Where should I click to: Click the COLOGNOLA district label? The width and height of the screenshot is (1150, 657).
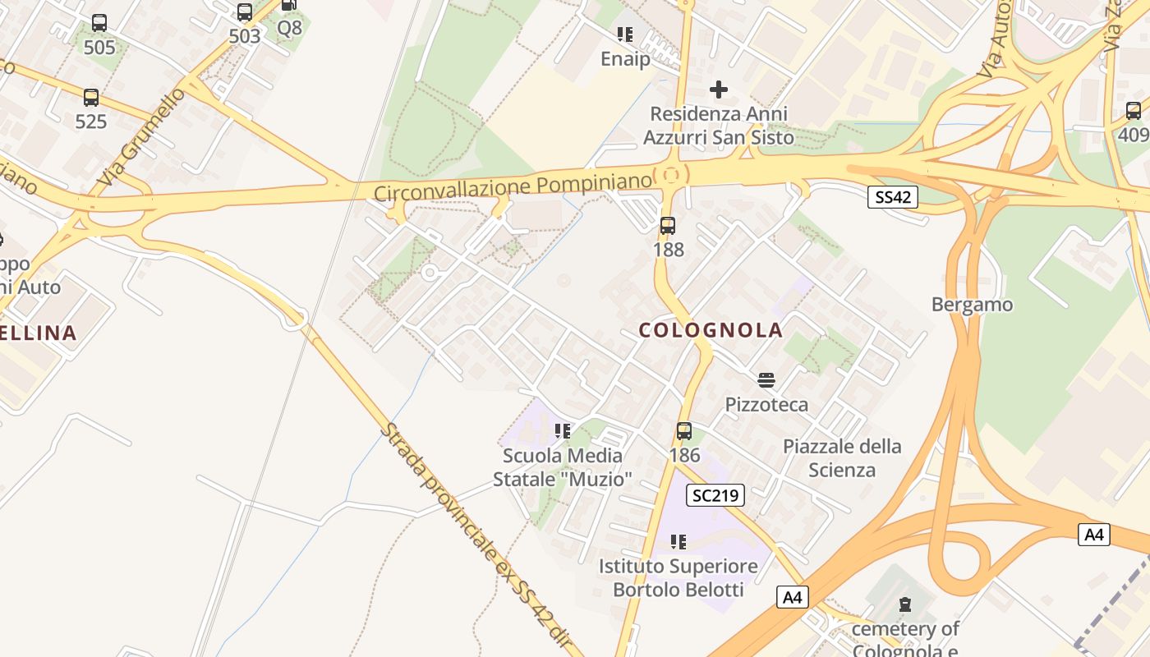pos(711,330)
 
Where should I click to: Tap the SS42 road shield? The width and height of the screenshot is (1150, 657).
pos(892,197)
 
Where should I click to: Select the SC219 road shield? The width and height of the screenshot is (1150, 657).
pos(715,495)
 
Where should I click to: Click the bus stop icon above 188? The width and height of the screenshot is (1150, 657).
pos(668,225)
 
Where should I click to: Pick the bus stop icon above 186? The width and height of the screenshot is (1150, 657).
pos(683,430)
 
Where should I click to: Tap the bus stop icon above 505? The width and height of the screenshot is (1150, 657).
pos(99,23)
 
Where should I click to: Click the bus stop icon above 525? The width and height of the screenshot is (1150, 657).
pos(91,98)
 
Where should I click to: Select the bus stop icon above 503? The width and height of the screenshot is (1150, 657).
pos(244,12)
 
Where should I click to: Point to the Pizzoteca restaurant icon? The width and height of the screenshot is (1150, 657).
pos(766,379)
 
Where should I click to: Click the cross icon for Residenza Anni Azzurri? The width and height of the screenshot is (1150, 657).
pos(719,89)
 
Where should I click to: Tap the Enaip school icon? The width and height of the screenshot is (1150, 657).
pos(625,34)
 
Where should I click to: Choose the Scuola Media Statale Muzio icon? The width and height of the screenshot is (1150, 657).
pos(563,430)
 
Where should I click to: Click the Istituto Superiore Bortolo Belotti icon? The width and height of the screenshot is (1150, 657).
pos(678,541)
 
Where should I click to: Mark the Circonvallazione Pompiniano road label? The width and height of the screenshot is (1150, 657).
pos(513,186)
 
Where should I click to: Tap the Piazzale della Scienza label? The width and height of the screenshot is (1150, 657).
pos(842,458)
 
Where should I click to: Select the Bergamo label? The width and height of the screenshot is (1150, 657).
pos(972,305)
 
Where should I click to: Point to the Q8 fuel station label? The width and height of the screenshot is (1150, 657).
pos(289,28)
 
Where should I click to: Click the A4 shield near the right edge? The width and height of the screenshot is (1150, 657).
pos(1094,535)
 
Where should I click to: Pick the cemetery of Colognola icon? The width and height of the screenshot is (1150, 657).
pos(904,605)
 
